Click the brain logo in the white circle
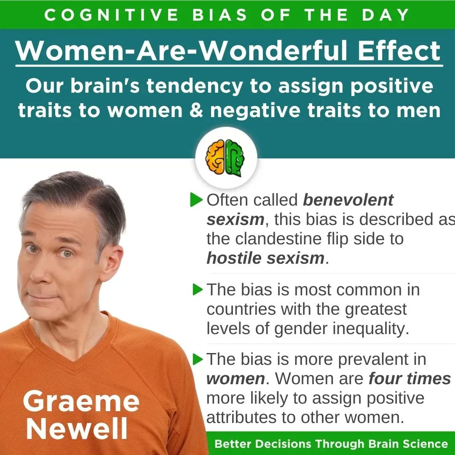tap(225, 158)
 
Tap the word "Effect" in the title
tap(399, 51)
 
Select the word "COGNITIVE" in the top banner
tap(111, 15)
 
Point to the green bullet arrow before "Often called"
tap(196, 200)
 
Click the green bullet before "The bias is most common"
tap(198, 289)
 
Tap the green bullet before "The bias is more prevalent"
tap(198, 359)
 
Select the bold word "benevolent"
tap(348, 200)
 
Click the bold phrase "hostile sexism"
tap(265, 258)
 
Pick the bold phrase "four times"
tap(410, 378)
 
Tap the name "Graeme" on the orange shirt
tap(81, 401)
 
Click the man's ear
tap(112, 261)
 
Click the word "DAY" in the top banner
tap(385, 15)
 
